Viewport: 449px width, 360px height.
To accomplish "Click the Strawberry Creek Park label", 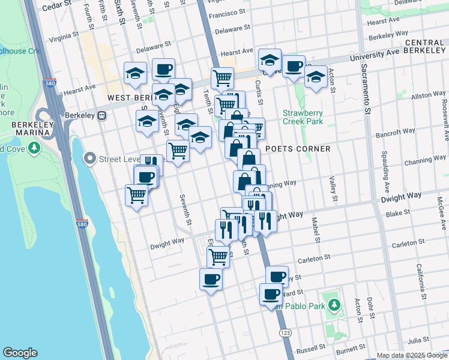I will tap(303, 117).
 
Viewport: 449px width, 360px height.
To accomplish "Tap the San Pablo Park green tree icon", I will tap(335, 305).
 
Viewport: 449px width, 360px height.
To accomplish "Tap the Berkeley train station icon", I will tap(102, 115).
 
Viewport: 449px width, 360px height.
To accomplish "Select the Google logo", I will tap(20, 353).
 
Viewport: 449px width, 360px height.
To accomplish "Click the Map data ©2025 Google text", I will tap(412, 355).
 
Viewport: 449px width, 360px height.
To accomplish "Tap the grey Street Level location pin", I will tap(90, 158).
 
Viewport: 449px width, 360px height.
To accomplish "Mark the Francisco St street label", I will tap(228, 12).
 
